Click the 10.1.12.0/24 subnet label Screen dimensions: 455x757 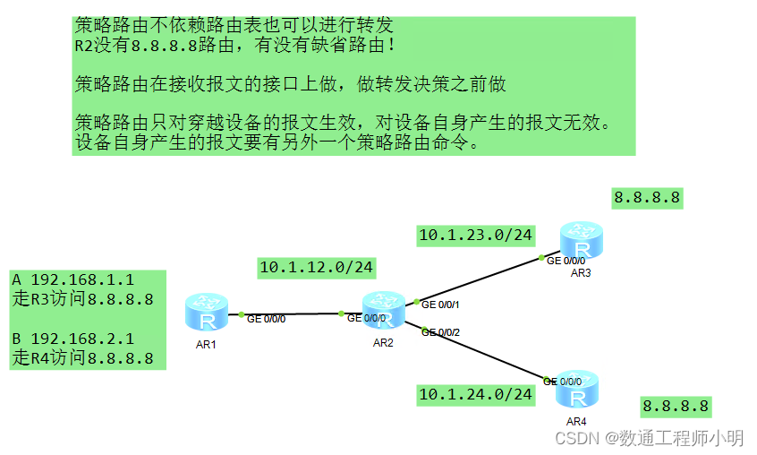tap(316, 267)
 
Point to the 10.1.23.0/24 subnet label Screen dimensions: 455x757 tap(475, 236)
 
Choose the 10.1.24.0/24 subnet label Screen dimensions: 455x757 tap(475, 393)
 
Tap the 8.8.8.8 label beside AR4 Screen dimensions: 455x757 tap(676, 407)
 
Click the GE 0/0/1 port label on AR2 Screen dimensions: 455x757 tap(441, 305)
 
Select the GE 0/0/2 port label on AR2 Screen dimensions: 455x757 tap(441, 332)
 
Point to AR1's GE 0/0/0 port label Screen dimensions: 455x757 tap(266, 319)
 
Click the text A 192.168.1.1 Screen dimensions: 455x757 tap(73, 280)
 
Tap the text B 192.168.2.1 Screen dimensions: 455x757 tap(73, 339)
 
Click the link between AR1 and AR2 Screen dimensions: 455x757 tap(291, 314)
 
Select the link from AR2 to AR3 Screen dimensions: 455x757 tap(479, 279)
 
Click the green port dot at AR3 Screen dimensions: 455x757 tap(541, 258)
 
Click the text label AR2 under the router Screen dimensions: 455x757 tap(384, 343)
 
